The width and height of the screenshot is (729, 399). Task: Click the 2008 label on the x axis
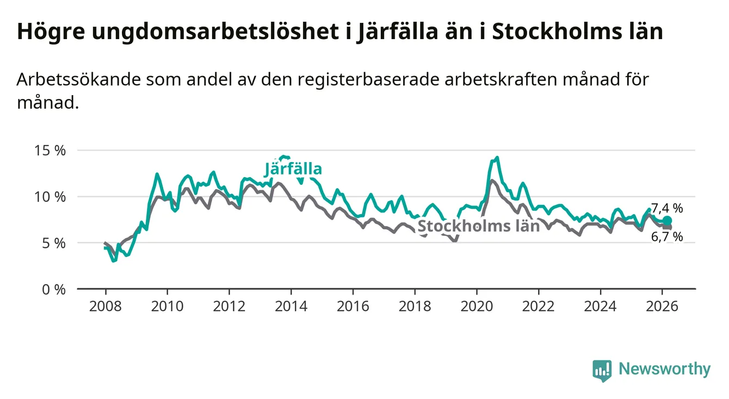pos(105,306)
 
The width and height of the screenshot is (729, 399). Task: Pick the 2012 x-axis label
pos(229,306)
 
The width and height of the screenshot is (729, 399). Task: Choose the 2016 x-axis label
pos(353,306)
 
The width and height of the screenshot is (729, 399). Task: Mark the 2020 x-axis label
pos(477,306)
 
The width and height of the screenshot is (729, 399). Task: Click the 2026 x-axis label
pos(662,306)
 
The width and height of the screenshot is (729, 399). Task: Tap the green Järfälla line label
pos(294,169)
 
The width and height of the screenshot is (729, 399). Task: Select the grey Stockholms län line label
pos(478,226)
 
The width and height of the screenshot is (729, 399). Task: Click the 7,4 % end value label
pos(667,208)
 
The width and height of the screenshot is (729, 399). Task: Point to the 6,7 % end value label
pos(667,236)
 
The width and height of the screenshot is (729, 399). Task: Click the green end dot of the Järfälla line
pos(667,220)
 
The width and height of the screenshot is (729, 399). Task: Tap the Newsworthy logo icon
pos(602,370)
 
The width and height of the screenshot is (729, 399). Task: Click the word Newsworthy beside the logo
pos(665,370)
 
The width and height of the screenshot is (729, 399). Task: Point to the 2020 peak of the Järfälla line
pos(497,158)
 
